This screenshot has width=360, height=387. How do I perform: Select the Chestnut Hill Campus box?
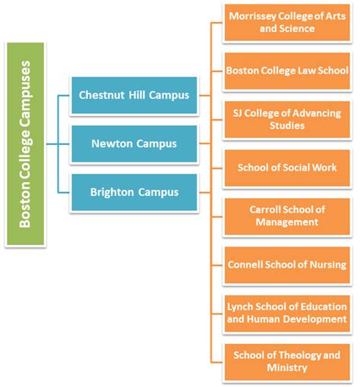(134, 95)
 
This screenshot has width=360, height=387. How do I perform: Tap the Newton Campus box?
(134, 143)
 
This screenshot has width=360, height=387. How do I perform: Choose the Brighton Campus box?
(134, 192)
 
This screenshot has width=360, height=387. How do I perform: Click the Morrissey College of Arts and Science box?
(287, 23)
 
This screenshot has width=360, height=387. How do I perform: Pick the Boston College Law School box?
(287, 71)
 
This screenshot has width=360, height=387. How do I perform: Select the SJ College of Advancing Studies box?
(287, 119)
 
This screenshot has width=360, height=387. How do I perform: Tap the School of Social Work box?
(287, 168)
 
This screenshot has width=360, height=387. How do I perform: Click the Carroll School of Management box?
(287, 216)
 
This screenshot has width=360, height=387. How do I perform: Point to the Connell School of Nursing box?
(287, 265)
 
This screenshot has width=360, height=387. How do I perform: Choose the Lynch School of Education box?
(287, 313)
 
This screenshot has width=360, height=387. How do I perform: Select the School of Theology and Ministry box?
(287, 361)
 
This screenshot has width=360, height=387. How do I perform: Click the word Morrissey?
(254, 17)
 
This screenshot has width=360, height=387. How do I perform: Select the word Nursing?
(327, 265)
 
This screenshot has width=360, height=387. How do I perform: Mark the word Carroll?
(268, 210)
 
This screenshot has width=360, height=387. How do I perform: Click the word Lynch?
(242, 307)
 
